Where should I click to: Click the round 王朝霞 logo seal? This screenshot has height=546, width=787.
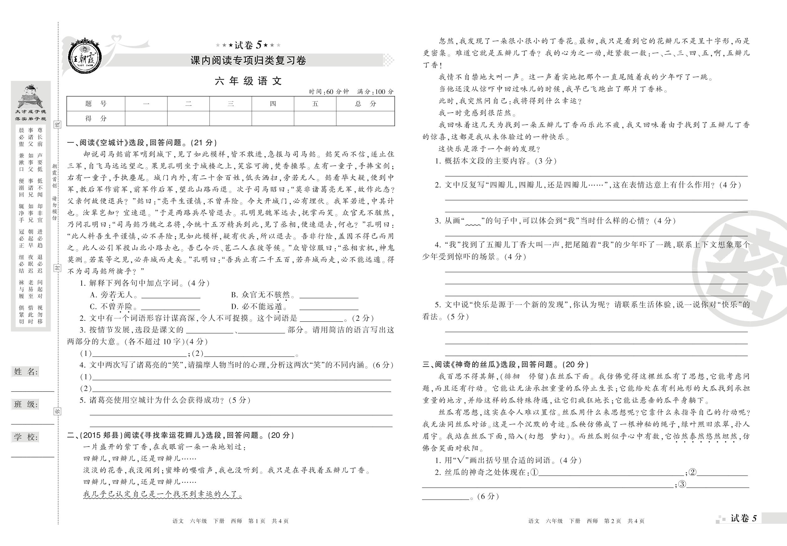tap(84, 55)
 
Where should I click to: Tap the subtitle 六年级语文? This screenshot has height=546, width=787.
tap(248, 81)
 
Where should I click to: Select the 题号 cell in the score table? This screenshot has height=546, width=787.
tap(96, 104)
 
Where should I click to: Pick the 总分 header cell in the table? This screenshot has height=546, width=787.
tap(365, 104)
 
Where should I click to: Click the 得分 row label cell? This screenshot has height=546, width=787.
tap(96, 118)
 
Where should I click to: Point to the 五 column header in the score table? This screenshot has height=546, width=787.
tap(315, 104)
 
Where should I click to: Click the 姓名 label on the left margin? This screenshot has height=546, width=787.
tap(26, 372)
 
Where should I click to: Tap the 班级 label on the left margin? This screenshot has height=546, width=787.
tap(26, 404)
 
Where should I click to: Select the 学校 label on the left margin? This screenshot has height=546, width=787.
tap(26, 437)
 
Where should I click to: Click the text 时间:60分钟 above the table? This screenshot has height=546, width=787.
tap(328, 92)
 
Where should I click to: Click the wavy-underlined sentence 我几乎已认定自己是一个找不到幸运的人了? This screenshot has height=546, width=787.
tap(163, 494)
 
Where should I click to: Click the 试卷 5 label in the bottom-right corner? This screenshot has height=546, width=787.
tap(743, 519)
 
